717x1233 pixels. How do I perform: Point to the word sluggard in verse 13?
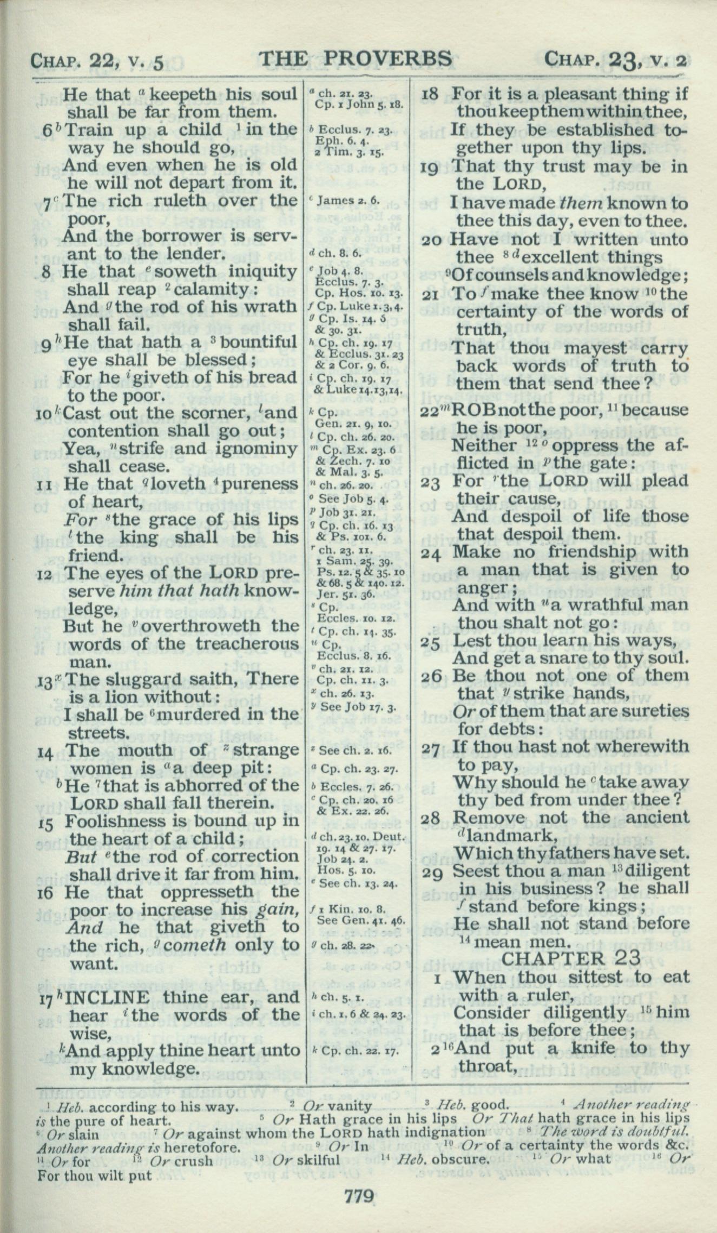(x=132, y=679)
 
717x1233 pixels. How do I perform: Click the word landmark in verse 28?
(x=506, y=836)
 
